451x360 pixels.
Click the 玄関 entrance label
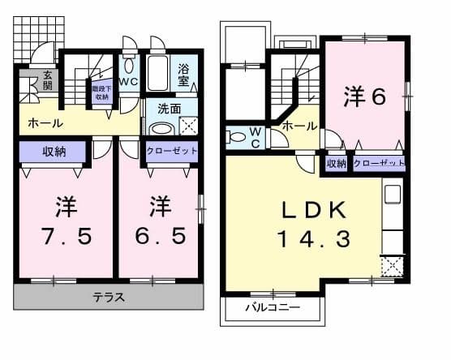(27, 80)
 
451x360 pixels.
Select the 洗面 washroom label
(169, 107)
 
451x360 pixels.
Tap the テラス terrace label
(108, 297)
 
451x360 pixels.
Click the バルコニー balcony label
(273, 307)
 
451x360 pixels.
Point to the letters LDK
(312, 210)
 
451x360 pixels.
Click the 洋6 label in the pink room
(365, 95)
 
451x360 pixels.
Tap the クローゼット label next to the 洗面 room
(171, 151)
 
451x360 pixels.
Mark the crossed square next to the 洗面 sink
(187, 126)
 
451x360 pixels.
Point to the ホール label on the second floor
(300, 126)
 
